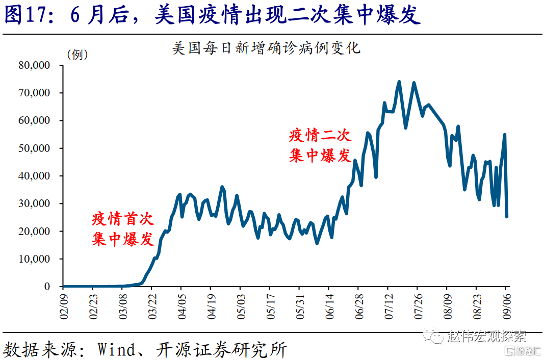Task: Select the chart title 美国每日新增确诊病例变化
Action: coord(267,48)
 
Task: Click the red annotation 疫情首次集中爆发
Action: coord(123,229)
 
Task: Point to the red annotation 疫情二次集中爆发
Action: coord(320,145)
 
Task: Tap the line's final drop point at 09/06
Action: coord(507,216)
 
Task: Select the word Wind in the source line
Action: coord(117,350)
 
